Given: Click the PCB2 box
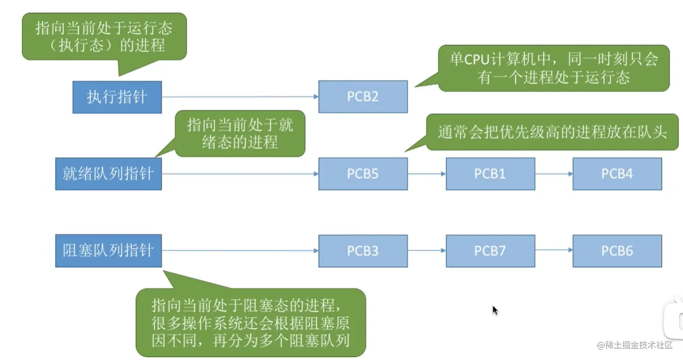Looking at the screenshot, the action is tap(363, 97).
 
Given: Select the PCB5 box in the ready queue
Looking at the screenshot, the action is tap(363, 174).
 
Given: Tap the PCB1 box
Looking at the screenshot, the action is tap(490, 174).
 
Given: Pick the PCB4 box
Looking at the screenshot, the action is tap(617, 174).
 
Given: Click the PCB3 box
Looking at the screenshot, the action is tap(363, 251).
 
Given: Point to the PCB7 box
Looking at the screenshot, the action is tap(490, 251).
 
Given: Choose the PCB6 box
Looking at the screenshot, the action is tap(617, 251).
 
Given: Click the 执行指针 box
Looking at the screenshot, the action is tap(117, 97).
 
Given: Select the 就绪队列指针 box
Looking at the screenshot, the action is tap(109, 174).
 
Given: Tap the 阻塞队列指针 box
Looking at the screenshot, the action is tap(109, 250).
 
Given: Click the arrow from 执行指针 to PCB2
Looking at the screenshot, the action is tap(240, 97).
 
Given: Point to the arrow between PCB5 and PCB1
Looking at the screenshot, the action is tap(427, 174).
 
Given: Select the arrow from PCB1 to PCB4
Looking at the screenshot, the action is tap(554, 174).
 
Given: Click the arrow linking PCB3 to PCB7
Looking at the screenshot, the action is tap(427, 250).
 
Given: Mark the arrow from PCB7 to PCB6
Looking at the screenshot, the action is tap(554, 250).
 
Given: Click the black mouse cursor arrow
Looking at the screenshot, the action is tap(495, 310).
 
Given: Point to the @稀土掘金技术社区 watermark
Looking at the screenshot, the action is tap(635, 345).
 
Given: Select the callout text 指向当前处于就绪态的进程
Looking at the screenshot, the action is tap(240, 134).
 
